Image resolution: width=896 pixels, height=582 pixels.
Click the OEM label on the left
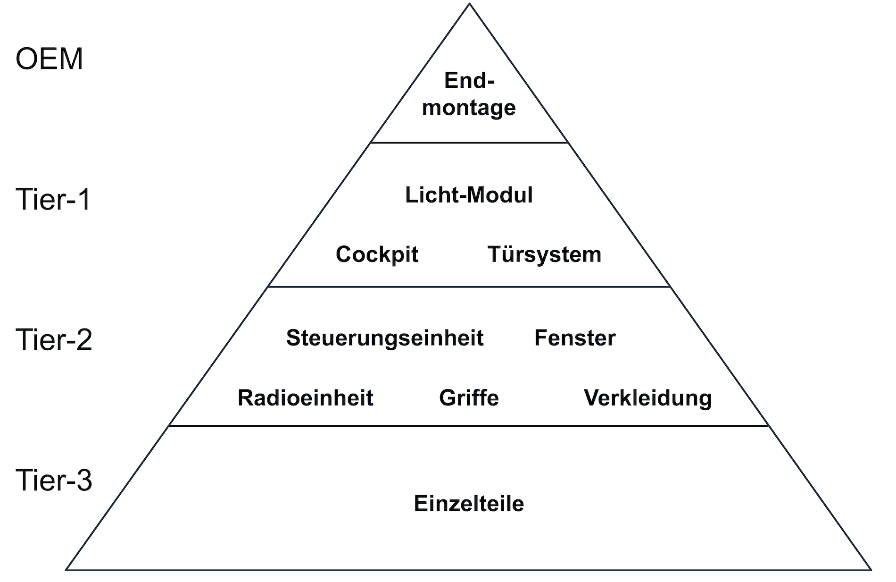click(49, 59)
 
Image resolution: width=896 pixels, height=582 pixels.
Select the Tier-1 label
click(53, 199)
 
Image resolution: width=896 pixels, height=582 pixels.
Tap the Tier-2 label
click(54, 339)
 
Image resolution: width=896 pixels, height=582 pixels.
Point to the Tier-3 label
click(54, 480)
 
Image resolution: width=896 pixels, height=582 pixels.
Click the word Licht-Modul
click(469, 195)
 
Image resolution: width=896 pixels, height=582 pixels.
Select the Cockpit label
click(377, 254)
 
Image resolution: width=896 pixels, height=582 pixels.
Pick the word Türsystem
click(544, 254)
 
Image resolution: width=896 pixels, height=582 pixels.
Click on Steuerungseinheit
click(385, 338)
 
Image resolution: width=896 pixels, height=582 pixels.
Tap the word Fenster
click(575, 338)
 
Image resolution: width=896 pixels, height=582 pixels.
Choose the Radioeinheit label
click(306, 398)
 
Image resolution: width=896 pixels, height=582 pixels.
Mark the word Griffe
click(469, 398)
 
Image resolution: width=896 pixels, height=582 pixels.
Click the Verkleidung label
click(647, 398)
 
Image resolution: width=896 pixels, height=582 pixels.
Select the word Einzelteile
click(469, 504)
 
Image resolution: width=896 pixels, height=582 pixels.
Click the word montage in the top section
click(469, 108)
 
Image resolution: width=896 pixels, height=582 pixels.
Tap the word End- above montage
click(470, 81)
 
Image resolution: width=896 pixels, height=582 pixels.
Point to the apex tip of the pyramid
click(470, 5)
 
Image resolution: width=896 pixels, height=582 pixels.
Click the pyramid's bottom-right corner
click(870, 569)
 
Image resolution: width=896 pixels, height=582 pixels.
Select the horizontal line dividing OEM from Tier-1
click(469, 143)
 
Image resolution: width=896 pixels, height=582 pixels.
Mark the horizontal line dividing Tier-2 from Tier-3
click(469, 426)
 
